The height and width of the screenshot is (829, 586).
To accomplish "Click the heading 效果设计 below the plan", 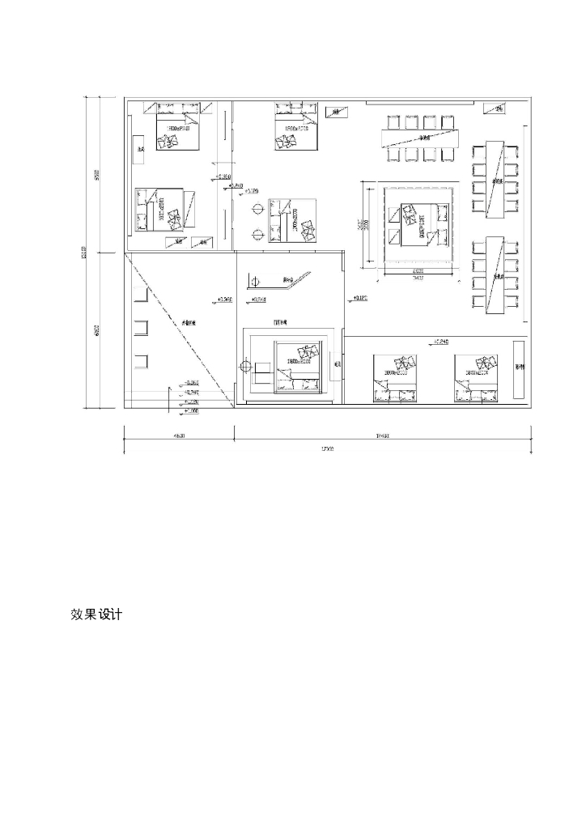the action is (x=96, y=615).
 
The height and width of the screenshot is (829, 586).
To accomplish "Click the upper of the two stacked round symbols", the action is (x=257, y=209).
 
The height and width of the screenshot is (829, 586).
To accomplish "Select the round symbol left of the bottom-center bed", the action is (x=245, y=367).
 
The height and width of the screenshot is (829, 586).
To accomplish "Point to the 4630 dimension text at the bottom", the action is (x=179, y=436).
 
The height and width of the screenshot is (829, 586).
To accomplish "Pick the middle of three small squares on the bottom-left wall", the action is (x=142, y=328).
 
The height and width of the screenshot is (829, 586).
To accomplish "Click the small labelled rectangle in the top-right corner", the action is (x=495, y=108).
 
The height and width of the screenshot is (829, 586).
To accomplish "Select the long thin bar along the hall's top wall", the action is (x=421, y=103).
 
